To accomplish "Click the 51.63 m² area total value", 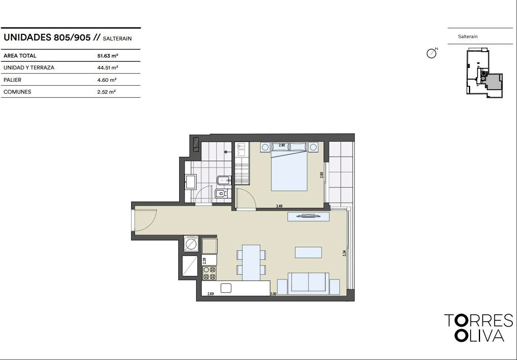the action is (x=108, y=56).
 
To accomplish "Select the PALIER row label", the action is (x=12, y=80).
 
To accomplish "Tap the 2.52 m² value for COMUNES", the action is (x=106, y=92).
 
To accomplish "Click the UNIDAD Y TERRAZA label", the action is (x=29, y=67).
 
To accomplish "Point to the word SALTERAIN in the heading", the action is (x=117, y=39).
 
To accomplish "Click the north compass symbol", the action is (x=432, y=53).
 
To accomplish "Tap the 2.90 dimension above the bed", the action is (x=282, y=145).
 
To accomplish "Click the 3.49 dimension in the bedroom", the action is (x=279, y=206).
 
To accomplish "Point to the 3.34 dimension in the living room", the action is (x=344, y=253).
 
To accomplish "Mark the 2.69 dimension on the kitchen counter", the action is (x=210, y=294).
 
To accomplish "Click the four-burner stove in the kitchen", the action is (x=209, y=273).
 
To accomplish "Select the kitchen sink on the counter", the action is (x=226, y=288).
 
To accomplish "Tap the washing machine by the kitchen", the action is (x=191, y=243).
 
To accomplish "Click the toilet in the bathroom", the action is (x=223, y=194).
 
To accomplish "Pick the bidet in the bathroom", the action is (x=224, y=180).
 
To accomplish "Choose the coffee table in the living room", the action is (x=309, y=252).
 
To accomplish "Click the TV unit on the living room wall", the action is (x=309, y=217).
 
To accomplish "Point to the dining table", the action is (x=251, y=263).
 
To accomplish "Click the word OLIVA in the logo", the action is (x=479, y=335).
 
